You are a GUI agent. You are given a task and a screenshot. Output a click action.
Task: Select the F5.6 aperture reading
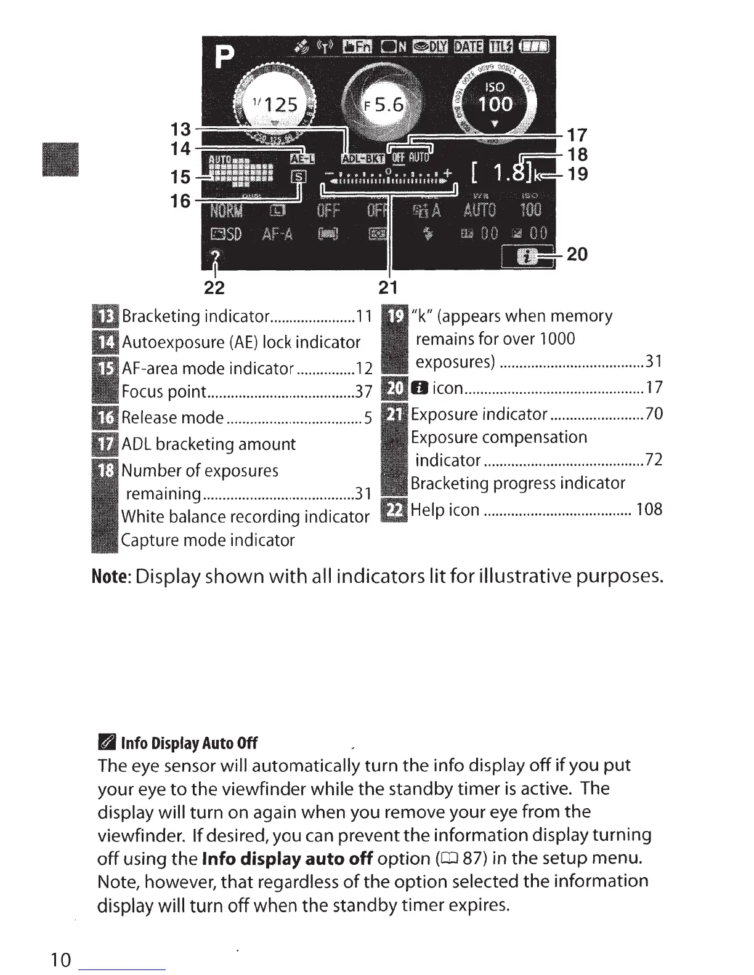tap(383, 105)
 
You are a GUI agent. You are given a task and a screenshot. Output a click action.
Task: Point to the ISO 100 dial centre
tap(495, 97)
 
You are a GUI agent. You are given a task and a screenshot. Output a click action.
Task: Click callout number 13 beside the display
tap(180, 130)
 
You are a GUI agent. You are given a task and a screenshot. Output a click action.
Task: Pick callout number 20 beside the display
tap(577, 254)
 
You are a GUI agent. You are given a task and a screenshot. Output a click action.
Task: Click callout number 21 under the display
tap(388, 287)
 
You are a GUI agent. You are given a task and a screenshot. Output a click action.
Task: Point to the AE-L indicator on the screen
tap(302, 159)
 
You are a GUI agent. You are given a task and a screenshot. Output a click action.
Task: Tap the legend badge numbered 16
tap(105, 418)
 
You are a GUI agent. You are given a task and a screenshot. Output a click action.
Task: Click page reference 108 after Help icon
tap(649, 510)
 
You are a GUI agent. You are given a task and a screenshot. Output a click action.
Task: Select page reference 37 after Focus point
tap(364, 392)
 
